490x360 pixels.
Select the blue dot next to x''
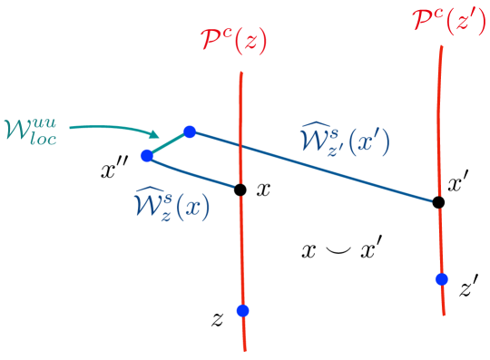[146, 155]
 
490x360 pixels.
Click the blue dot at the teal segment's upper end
[190, 131]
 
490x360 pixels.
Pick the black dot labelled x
[240, 190]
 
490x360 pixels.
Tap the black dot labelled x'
[437, 201]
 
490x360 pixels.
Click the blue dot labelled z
[242, 311]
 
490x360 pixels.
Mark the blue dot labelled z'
[442, 279]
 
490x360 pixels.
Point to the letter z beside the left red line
[217, 318]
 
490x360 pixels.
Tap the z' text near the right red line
[468, 290]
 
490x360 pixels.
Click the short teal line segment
[168, 143]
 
